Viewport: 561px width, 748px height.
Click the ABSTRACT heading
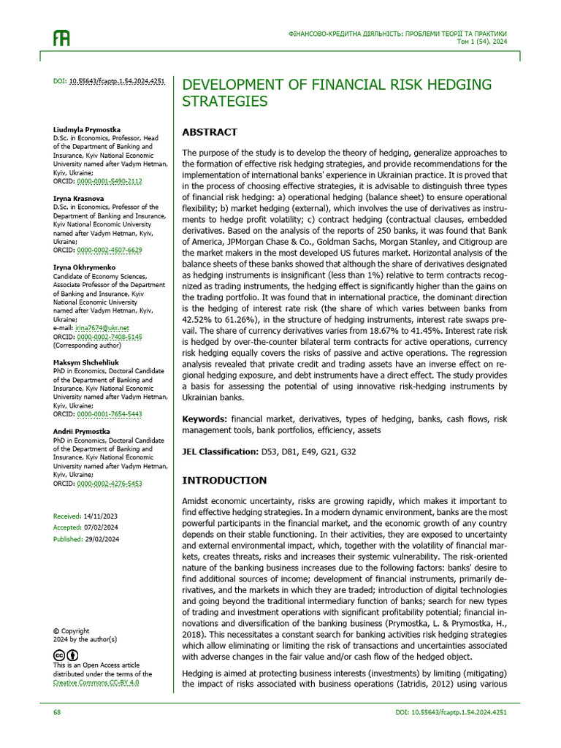pos(210,132)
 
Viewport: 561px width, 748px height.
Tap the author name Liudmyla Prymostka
pos(87,129)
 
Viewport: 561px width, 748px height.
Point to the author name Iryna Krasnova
pos(78,198)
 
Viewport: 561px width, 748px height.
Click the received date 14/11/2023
pos(100,516)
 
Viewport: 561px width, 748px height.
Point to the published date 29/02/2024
pos(102,539)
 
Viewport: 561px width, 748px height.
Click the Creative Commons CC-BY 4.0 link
pos(96,682)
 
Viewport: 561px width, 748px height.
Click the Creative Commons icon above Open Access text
pos(59,654)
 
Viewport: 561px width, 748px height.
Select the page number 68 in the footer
pos(57,711)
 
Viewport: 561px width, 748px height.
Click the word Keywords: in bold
pos(204,419)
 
